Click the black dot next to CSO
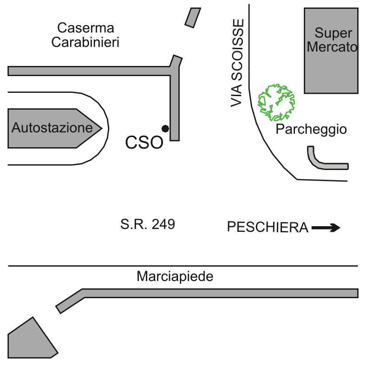[x=165, y=128]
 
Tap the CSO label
[x=144, y=143]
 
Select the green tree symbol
[x=277, y=102]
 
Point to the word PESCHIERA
[x=268, y=228]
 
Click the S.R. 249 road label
[x=148, y=225]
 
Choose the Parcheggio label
[x=311, y=129]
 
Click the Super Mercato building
[x=331, y=50]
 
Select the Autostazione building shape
[x=51, y=128]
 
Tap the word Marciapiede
[x=175, y=277]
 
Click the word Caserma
[x=85, y=28]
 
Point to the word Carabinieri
[x=85, y=42]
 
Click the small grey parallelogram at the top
[x=192, y=17]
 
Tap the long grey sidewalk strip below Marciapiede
[x=218, y=293]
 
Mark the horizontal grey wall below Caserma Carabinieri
[x=88, y=71]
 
